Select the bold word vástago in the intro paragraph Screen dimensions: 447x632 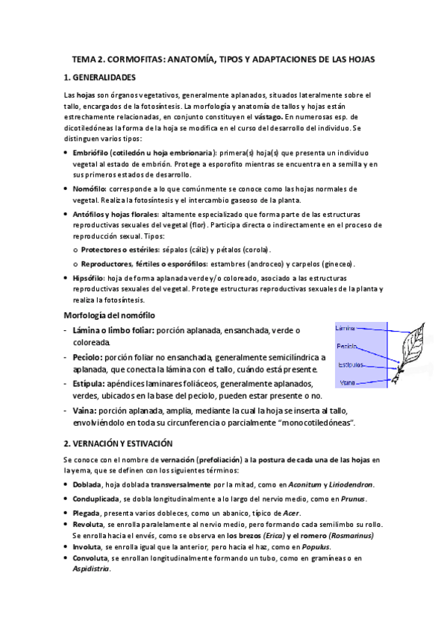click(x=267, y=117)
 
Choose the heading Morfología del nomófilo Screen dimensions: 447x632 click(x=110, y=315)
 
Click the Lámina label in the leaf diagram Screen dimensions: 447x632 click(x=346, y=328)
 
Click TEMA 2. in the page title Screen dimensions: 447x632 click(x=89, y=58)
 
